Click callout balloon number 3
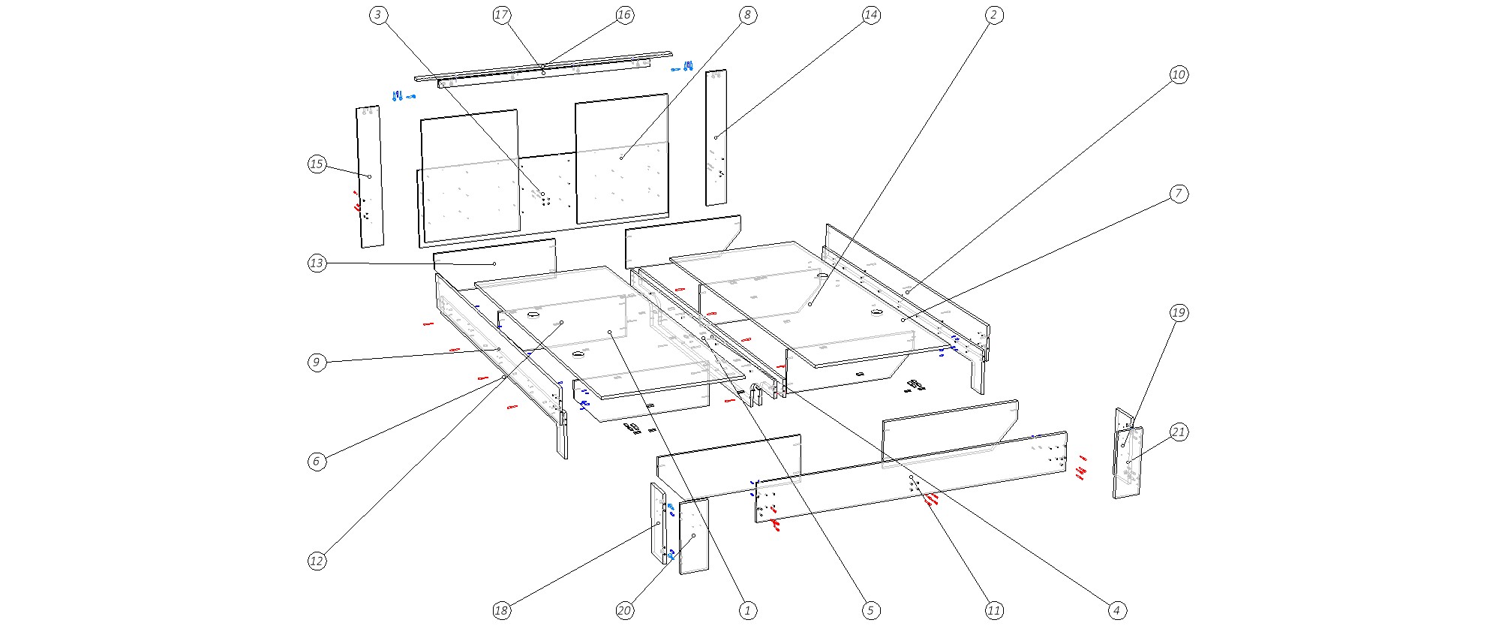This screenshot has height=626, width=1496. (x=379, y=15)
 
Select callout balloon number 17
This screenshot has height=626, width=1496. (x=502, y=15)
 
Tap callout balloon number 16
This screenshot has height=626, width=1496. (x=624, y=15)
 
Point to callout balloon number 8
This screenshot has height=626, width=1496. (x=747, y=15)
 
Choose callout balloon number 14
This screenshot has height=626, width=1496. (x=870, y=15)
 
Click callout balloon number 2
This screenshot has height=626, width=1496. (x=993, y=15)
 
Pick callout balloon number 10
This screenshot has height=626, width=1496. (x=1179, y=74)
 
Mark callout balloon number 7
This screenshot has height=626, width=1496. (x=1179, y=194)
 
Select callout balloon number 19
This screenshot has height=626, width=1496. (x=1179, y=313)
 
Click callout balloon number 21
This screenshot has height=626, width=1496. (x=1179, y=432)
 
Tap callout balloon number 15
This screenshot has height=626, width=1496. (x=317, y=164)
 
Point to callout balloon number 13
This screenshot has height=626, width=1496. (x=317, y=263)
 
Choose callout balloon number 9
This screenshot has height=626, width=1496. (x=317, y=363)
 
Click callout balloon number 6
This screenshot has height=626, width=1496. (x=317, y=462)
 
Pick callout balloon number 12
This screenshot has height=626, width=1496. (x=317, y=561)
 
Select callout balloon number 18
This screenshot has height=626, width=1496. (x=502, y=611)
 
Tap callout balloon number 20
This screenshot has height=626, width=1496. (x=624, y=611)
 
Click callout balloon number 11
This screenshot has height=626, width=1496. (x=993, y=611)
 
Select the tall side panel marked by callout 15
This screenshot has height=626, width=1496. (x=369, y=176)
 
